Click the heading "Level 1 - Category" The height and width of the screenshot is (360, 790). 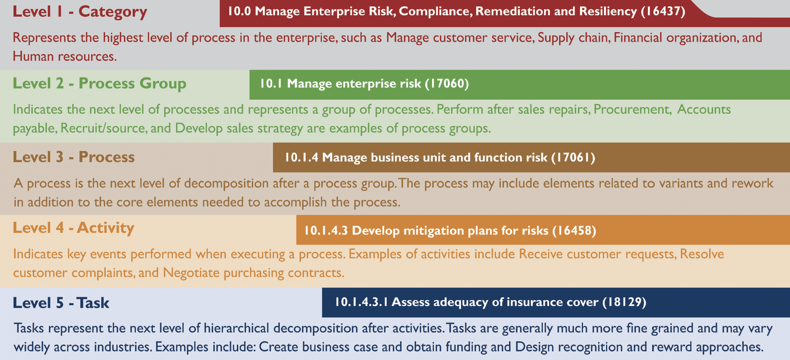point(79,11)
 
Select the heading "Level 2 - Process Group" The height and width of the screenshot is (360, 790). point(99,83)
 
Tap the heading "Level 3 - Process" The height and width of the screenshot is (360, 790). point(74,157)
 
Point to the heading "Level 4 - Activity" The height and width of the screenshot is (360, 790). point(74,228)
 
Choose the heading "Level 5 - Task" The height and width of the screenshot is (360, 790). point(61,303)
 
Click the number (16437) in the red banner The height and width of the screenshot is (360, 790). point(663,11)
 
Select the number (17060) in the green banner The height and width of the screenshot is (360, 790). point(446,83)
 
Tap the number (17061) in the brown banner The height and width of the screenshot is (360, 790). point(573,158)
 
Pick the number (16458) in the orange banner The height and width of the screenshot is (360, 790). point(574,231)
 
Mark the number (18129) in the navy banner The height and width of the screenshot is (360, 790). point(624,302)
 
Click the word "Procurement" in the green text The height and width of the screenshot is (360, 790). point(632,110)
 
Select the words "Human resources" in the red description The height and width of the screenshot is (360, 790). point(64,57)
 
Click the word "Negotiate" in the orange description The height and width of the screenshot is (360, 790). point(191,273)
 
